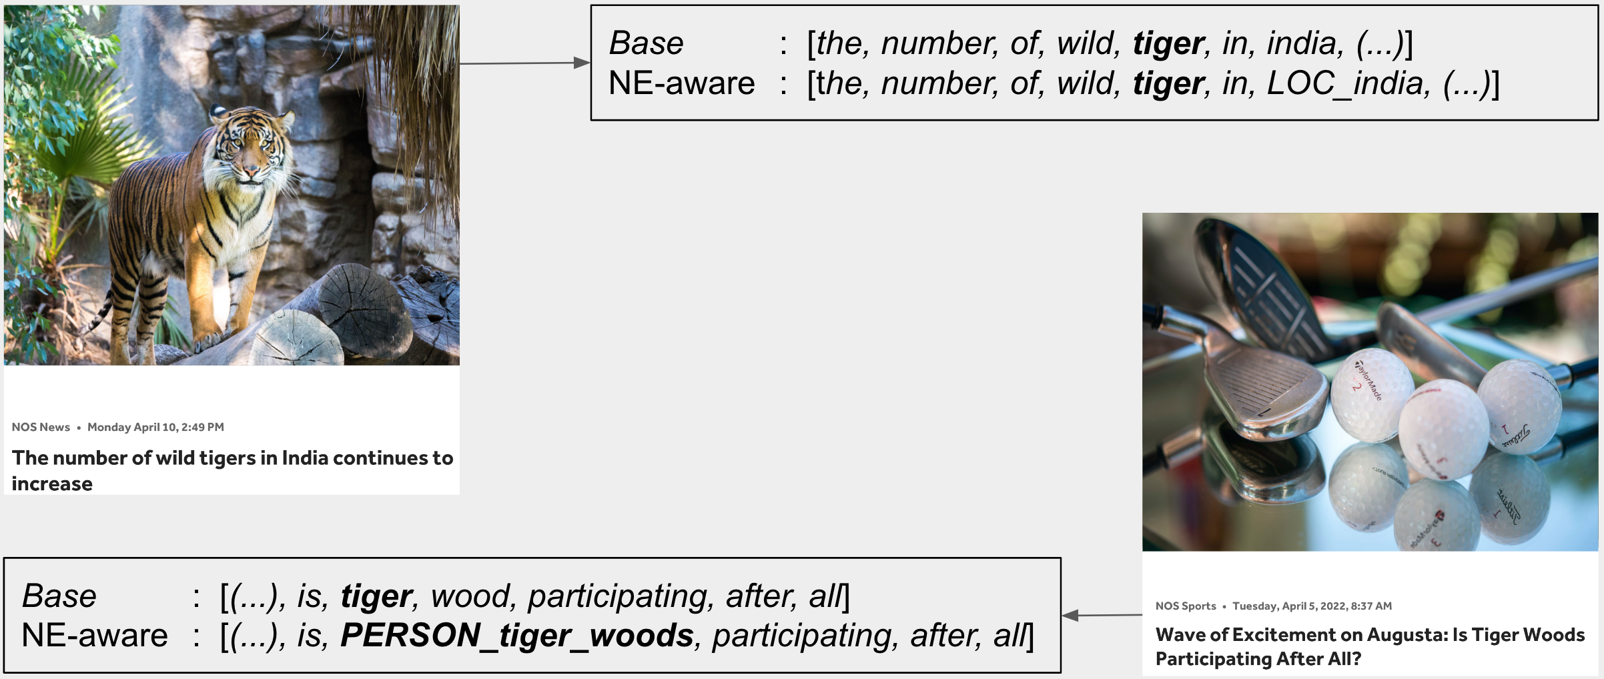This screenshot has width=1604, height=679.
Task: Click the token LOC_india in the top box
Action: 1348,84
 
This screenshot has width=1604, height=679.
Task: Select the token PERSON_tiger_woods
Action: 517,636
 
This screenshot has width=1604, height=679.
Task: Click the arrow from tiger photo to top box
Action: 524,63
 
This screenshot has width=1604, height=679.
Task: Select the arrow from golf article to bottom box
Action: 1102,615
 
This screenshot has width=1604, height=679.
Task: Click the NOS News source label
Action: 41,427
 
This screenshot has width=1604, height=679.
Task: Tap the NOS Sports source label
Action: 1186,606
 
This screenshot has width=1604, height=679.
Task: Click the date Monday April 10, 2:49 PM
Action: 155,427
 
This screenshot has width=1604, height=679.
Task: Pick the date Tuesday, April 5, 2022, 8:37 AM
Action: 1312,606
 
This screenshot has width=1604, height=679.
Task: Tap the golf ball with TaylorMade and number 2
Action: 1371,395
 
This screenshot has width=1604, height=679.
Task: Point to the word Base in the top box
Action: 646,43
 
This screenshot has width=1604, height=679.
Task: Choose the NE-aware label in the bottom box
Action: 95,636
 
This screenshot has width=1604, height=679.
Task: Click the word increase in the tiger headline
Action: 52,484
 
